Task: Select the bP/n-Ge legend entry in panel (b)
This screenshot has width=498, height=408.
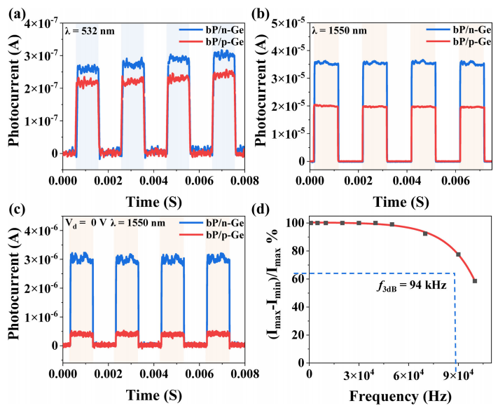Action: click(x=453, y=32)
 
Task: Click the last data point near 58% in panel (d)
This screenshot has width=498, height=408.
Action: click(x=475, y=281)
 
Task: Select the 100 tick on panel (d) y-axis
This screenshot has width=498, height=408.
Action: click(x=295, y=224)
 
